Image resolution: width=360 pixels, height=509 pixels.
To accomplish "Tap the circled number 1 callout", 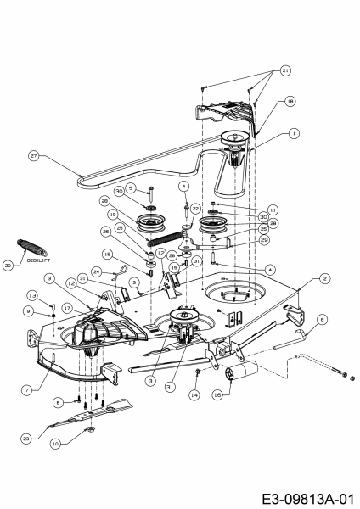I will (x=294, y=133).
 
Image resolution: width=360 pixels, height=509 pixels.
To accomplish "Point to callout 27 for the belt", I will (x=34, y=156).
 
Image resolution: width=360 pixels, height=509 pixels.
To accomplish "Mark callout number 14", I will (x=195, y=395).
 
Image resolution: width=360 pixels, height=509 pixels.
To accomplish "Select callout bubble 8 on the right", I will (x=321, y=319).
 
